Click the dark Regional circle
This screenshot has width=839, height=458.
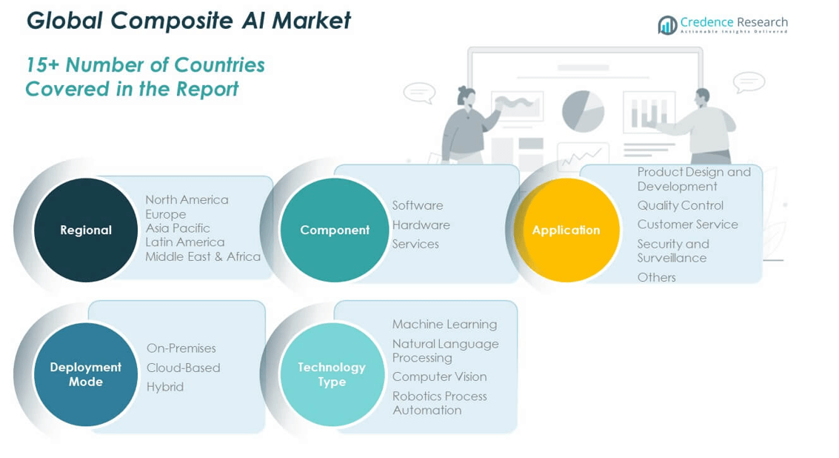[85, 230]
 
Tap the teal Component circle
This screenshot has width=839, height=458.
[334, 230]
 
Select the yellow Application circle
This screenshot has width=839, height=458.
[566, 230]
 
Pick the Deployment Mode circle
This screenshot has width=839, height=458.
[85, 374]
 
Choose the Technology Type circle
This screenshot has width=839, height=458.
[332, 374]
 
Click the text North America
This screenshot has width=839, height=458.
[187, 199]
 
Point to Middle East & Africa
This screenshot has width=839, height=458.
[203, 256]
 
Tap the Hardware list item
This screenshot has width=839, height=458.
[421, 225]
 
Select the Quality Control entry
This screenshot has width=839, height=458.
[680, 205]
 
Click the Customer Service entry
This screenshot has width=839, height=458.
[687, 224]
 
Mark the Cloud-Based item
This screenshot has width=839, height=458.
[183, 368]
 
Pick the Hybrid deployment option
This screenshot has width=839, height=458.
[165, 387]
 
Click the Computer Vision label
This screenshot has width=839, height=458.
[439, 376]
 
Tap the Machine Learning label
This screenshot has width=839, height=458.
[444, 324]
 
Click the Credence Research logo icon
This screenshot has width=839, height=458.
[667, 25]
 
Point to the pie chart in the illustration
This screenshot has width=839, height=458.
[583, 111]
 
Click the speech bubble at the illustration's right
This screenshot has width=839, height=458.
[748, 82]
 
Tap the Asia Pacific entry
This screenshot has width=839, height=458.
[178, 228]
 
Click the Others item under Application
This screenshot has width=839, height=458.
[656, 277]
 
